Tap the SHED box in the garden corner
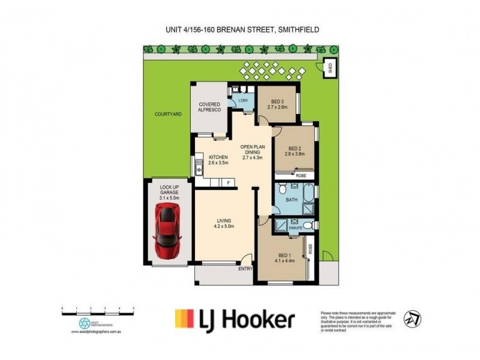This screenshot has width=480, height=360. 329,68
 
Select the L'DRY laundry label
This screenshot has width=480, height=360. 244,101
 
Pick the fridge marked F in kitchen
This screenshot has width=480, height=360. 227,181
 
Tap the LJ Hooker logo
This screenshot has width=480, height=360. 235,319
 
